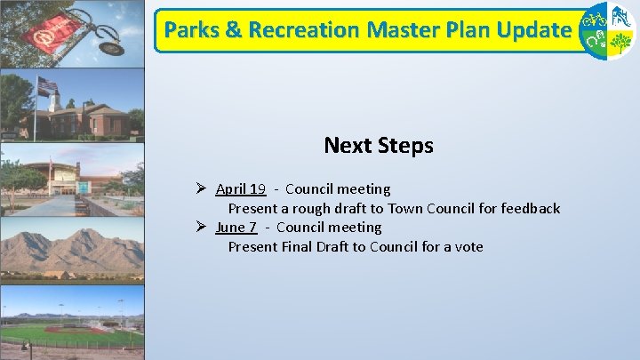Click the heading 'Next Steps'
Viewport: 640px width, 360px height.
click(x=378, y=145)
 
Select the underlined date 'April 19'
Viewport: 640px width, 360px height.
click(x=240, y=188)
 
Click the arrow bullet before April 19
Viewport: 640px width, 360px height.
click(x=202, y=188)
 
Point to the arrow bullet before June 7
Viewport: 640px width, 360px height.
click(x=202, y=227)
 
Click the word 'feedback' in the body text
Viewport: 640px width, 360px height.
click(x=531, y=208)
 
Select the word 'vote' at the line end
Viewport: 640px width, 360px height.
click(x=468, y=246)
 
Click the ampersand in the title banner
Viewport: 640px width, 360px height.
click(x=234, y=29)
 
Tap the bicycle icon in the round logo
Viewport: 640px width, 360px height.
click(x=595, y=18)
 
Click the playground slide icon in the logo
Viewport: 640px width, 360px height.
click(x=620, y=17)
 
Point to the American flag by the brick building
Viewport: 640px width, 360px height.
click(x=46, y=85)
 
